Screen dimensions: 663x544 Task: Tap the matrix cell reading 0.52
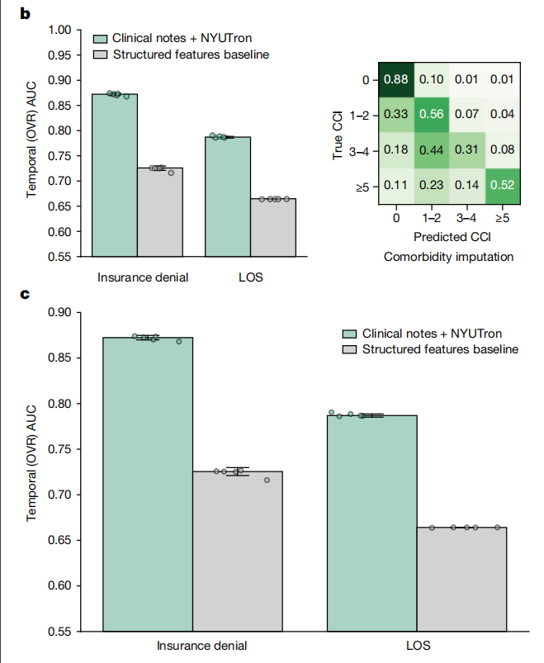tap(499, 186)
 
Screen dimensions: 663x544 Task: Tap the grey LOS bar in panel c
tap(461, 579)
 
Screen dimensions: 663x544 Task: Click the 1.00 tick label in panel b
tap(59, 31)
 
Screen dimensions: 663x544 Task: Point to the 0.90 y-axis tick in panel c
tap(59, 312)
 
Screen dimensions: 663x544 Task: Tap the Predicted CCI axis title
tap(447, 238)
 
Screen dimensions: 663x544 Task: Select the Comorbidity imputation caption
tap(448, 257)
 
